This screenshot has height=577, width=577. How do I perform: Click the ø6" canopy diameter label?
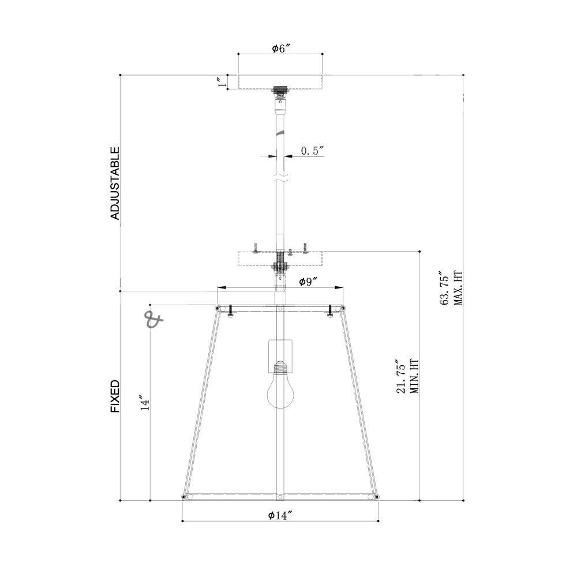pos(282,48)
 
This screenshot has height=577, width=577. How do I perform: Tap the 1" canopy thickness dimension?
pos(222,82)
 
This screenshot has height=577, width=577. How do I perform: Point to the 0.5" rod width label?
pos(312,151)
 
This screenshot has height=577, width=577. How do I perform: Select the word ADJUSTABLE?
pos(115,183)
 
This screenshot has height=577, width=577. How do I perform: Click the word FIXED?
pos(115,396)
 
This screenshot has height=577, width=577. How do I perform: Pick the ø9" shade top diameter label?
pos(308,282)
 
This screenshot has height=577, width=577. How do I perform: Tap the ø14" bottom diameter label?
pos(280,515)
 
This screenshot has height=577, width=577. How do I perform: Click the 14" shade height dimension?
pos(145,403)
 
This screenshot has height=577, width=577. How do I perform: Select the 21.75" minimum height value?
pos(401,376)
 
